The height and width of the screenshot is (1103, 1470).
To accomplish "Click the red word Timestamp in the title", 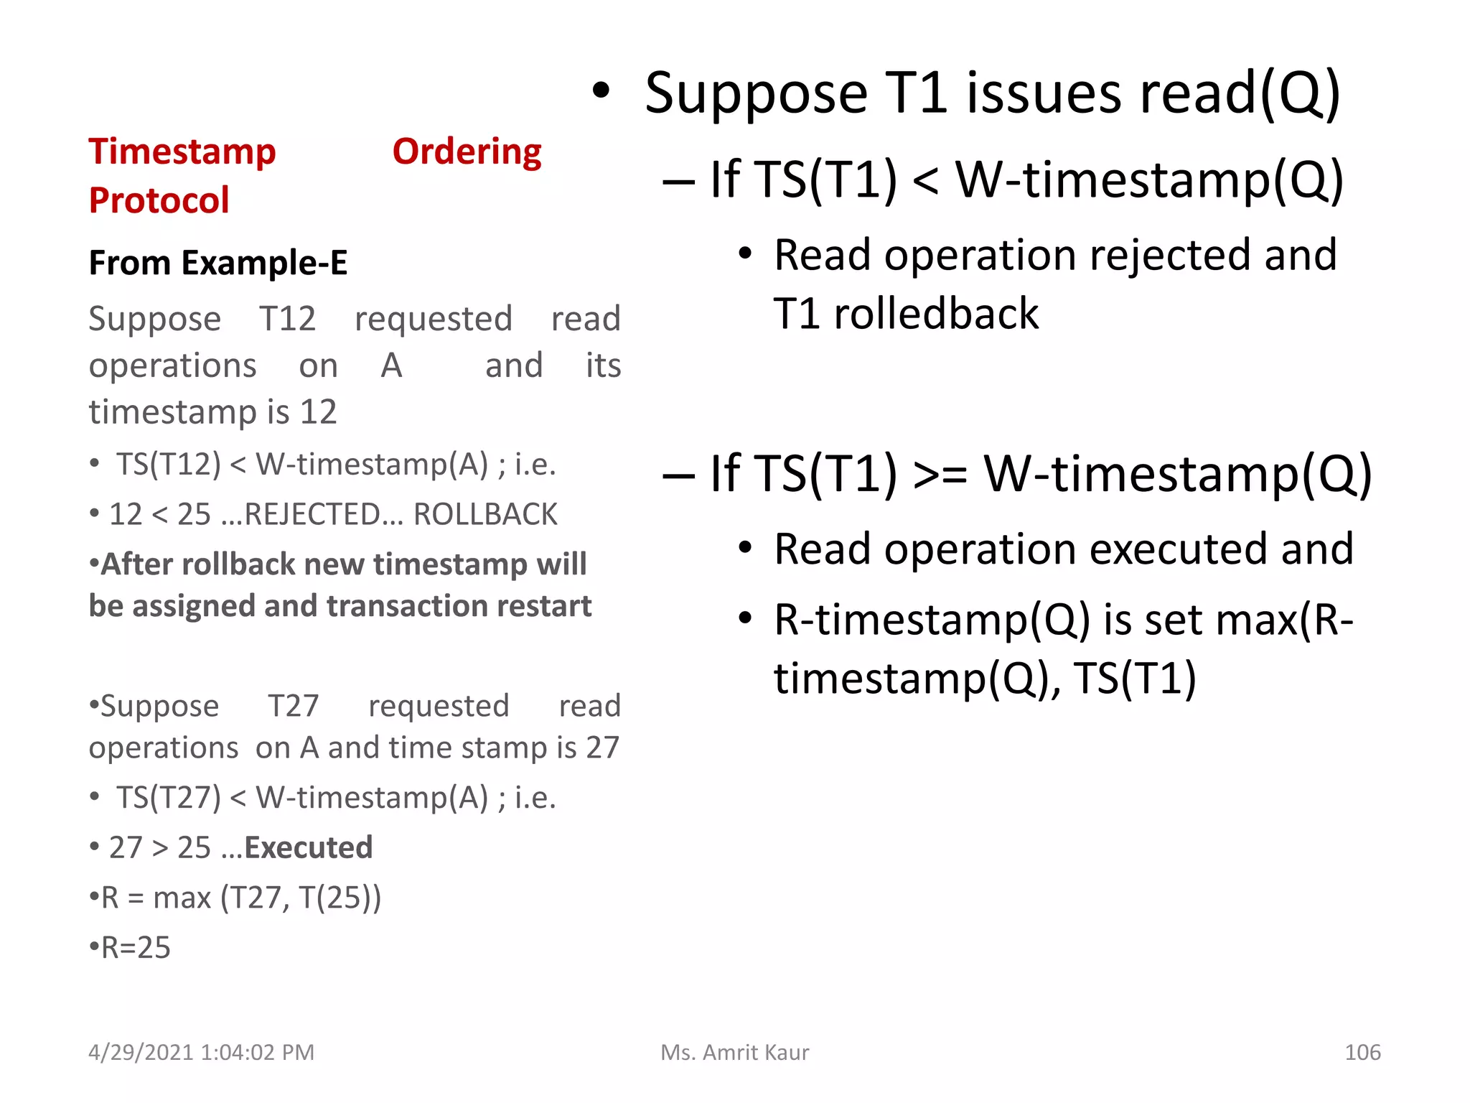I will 182,152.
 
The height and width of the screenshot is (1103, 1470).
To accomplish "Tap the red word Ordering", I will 467,152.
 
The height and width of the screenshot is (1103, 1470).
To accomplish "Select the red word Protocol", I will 159,200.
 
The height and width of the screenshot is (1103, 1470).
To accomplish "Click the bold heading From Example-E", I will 217,263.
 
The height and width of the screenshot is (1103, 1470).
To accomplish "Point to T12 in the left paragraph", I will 287,319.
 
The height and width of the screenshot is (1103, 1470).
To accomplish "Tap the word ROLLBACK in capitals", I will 485,515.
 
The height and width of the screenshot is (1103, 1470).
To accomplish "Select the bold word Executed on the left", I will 309,848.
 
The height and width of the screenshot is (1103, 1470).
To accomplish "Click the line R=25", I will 131,948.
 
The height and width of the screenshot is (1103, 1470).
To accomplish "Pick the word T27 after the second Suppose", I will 294,707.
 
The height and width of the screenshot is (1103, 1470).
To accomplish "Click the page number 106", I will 1362,1053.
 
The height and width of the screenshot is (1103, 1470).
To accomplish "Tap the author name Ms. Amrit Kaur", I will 735,1053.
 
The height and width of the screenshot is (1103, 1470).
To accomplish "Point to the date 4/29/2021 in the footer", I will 141,1053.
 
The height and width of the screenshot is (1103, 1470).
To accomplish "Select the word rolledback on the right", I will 936,314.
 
